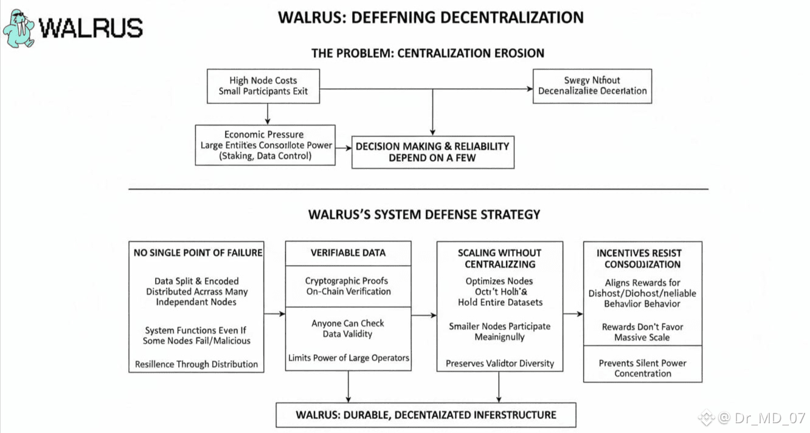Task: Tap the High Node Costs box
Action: (x=263, y=86)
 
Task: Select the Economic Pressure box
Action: (x=265, y=145)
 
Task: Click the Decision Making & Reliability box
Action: (x=432, y=152)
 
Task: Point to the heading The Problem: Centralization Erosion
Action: (x=427, y=53)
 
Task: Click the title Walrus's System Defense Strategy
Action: (x=424, y=214)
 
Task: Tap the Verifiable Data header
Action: (x=348, y=252)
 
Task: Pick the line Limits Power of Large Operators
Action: (x=348, y=358)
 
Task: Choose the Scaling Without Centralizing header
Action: (x=499, y=258)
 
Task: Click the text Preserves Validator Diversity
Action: (x=500, y=363)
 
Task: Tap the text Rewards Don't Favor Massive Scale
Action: (x=642, y=332)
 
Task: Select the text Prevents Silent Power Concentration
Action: (x=642, y=368)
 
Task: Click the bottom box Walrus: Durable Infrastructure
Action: (x=426, y=415)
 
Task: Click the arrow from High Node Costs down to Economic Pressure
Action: (x=267, y=114)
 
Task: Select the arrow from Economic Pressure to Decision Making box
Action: (x=344, y=147)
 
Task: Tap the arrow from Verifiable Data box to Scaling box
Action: (x=424, y=314)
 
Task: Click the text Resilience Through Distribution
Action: (x=196, y=364)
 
